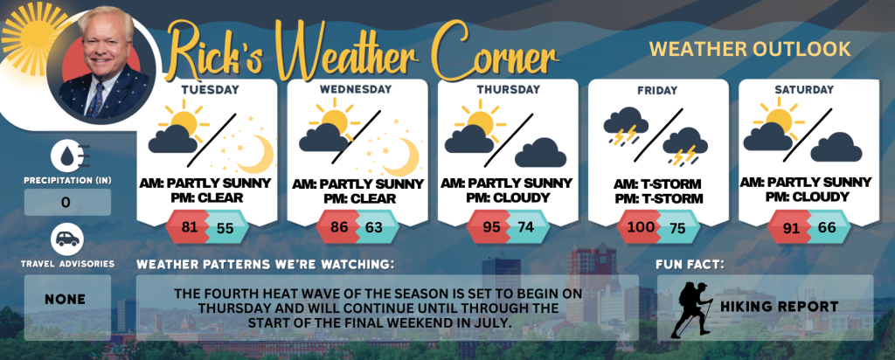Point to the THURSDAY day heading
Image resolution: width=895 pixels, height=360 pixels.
click(508, 90)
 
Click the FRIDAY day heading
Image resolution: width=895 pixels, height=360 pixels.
click(658, 90)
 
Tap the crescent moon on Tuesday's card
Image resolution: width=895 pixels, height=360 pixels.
click(255, 154)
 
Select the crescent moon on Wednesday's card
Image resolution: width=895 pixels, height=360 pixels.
click(401, 157)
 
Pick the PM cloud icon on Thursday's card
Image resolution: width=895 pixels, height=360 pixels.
click(540, 152)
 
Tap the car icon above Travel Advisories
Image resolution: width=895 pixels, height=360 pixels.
click(67, 239)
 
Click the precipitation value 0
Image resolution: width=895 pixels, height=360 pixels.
click(66, 203)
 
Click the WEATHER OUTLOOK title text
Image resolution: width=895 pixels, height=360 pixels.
click(750, 49)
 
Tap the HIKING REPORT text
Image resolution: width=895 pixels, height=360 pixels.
click(779, 307)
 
